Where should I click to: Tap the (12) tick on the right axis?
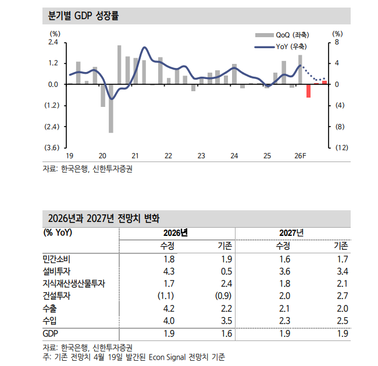pos(341,148)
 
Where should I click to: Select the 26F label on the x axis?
pos(301,156)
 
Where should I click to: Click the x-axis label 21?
pos(135,156)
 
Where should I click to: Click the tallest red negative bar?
pos(309,91)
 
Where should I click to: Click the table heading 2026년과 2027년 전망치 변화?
pos(101,219)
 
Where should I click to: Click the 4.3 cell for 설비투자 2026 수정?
pos(169,271)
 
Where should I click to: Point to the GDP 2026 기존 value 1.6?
pos(226,333)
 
